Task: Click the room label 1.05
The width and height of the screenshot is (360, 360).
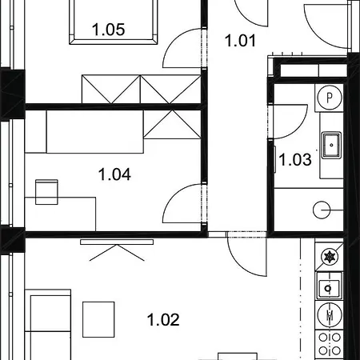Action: coord(108,30)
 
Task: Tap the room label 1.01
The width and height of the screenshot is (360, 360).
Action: coord(240,41)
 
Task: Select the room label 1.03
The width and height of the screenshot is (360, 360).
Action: coord(295,160)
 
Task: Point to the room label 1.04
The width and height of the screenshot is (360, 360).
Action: coord(114,174)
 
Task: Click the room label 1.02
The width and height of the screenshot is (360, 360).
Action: coord(163,320)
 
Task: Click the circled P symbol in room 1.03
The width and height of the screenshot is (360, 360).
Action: coord(330,98)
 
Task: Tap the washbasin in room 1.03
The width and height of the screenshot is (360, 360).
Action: coord(331,145)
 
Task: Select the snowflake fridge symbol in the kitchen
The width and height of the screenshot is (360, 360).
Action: coord(330,257)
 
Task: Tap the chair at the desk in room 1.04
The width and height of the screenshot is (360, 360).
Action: coord(46,192)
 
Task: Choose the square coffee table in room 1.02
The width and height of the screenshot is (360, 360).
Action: coord(98,319)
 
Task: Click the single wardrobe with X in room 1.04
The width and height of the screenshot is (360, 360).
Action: coord(172,124)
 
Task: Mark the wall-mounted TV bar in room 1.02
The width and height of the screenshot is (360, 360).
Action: coord(117,242)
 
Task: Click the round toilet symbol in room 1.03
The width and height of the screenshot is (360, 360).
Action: coord(322,210)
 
